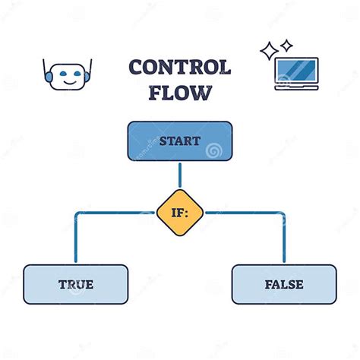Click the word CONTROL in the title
click(179, 68)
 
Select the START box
click(180, 141)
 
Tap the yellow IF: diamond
click(180, 213)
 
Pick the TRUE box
click(75, 285)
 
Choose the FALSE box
click(284, 285)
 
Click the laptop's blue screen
click(296, 69)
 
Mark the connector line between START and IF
click(180, 174)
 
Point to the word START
click(180, 141)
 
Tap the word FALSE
click(284, 285)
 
